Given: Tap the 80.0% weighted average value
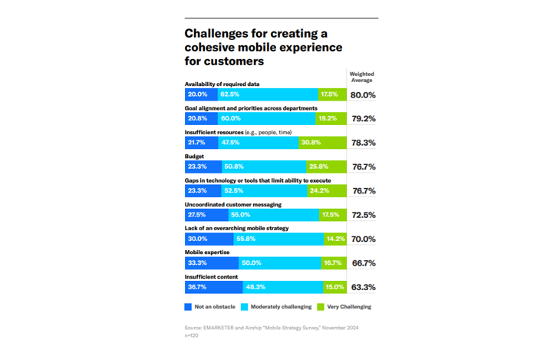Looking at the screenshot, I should pos(363,95).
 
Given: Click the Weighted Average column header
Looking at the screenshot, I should pos(361,77).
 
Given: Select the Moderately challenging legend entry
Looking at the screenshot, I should pos(277,307).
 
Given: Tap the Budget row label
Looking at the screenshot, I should pos(195,156).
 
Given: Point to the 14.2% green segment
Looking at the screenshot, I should pos(334,239).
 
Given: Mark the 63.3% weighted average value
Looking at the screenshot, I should pos(363,287).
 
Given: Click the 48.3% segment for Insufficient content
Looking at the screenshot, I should pos(282,287).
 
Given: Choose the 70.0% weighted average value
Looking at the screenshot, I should pos(363,239).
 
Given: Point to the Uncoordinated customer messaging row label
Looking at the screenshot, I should pos(233,204).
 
